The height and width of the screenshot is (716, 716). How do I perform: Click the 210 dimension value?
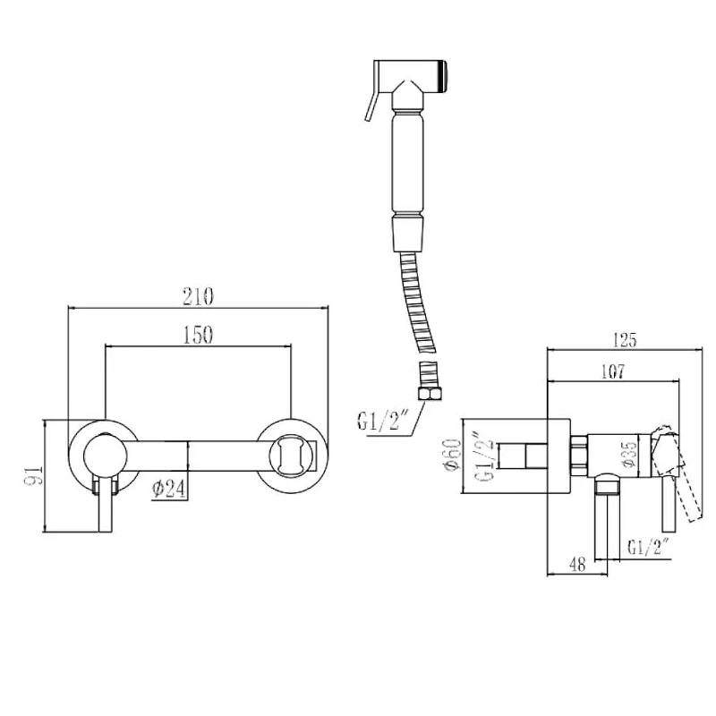(x=198, y=297)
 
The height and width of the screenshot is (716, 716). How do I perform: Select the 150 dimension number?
(x=198, y=335)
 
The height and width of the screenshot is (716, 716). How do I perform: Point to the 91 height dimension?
(x=34, y=475)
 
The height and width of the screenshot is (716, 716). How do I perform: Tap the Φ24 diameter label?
(x=169, y=489)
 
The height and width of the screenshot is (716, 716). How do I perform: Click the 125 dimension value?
(x=624, y=340)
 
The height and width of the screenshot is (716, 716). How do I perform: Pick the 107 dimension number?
(x=612, y=371)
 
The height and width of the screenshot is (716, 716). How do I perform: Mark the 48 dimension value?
(x=577, y=565)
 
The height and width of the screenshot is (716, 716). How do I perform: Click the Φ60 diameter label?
(x=454, y=457)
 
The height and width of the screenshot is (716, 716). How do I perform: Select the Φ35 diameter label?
(x=629, y=454)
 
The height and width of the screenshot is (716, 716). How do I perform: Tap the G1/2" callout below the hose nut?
(x=382, y=422)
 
